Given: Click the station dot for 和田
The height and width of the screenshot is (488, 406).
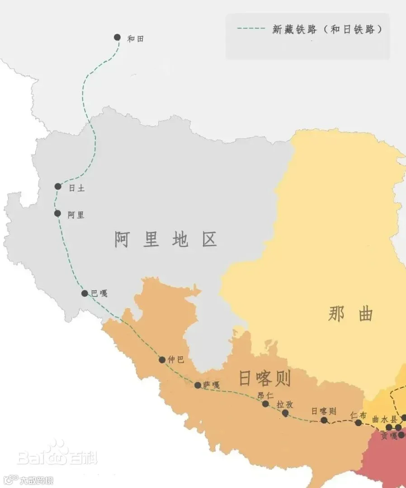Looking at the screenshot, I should pos(118,37).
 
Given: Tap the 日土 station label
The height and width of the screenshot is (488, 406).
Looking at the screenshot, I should pos(76,189).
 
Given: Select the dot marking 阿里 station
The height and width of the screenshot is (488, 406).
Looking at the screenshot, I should pos(57,213).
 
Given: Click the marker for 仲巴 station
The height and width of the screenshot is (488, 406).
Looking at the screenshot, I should pos(162,360).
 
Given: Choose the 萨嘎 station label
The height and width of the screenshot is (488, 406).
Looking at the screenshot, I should pos(211,385).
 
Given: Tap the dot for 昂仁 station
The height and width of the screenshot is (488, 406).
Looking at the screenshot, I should pos(265,404).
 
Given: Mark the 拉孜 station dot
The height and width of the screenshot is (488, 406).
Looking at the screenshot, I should pos(285,413).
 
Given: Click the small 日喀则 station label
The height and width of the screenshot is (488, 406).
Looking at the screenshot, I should pos(324,411).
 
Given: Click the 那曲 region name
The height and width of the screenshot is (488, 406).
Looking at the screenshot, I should pos(351,314).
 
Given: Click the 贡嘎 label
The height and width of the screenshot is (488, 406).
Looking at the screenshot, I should pos(389,436).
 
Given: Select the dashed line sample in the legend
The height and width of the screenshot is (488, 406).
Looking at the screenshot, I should pos(251,29).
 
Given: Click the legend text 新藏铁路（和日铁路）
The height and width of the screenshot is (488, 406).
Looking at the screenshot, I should pos(328,29).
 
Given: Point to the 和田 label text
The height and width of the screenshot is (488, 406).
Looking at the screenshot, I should pos(135,39).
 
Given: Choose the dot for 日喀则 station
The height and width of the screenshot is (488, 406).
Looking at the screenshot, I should pos(324,420).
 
